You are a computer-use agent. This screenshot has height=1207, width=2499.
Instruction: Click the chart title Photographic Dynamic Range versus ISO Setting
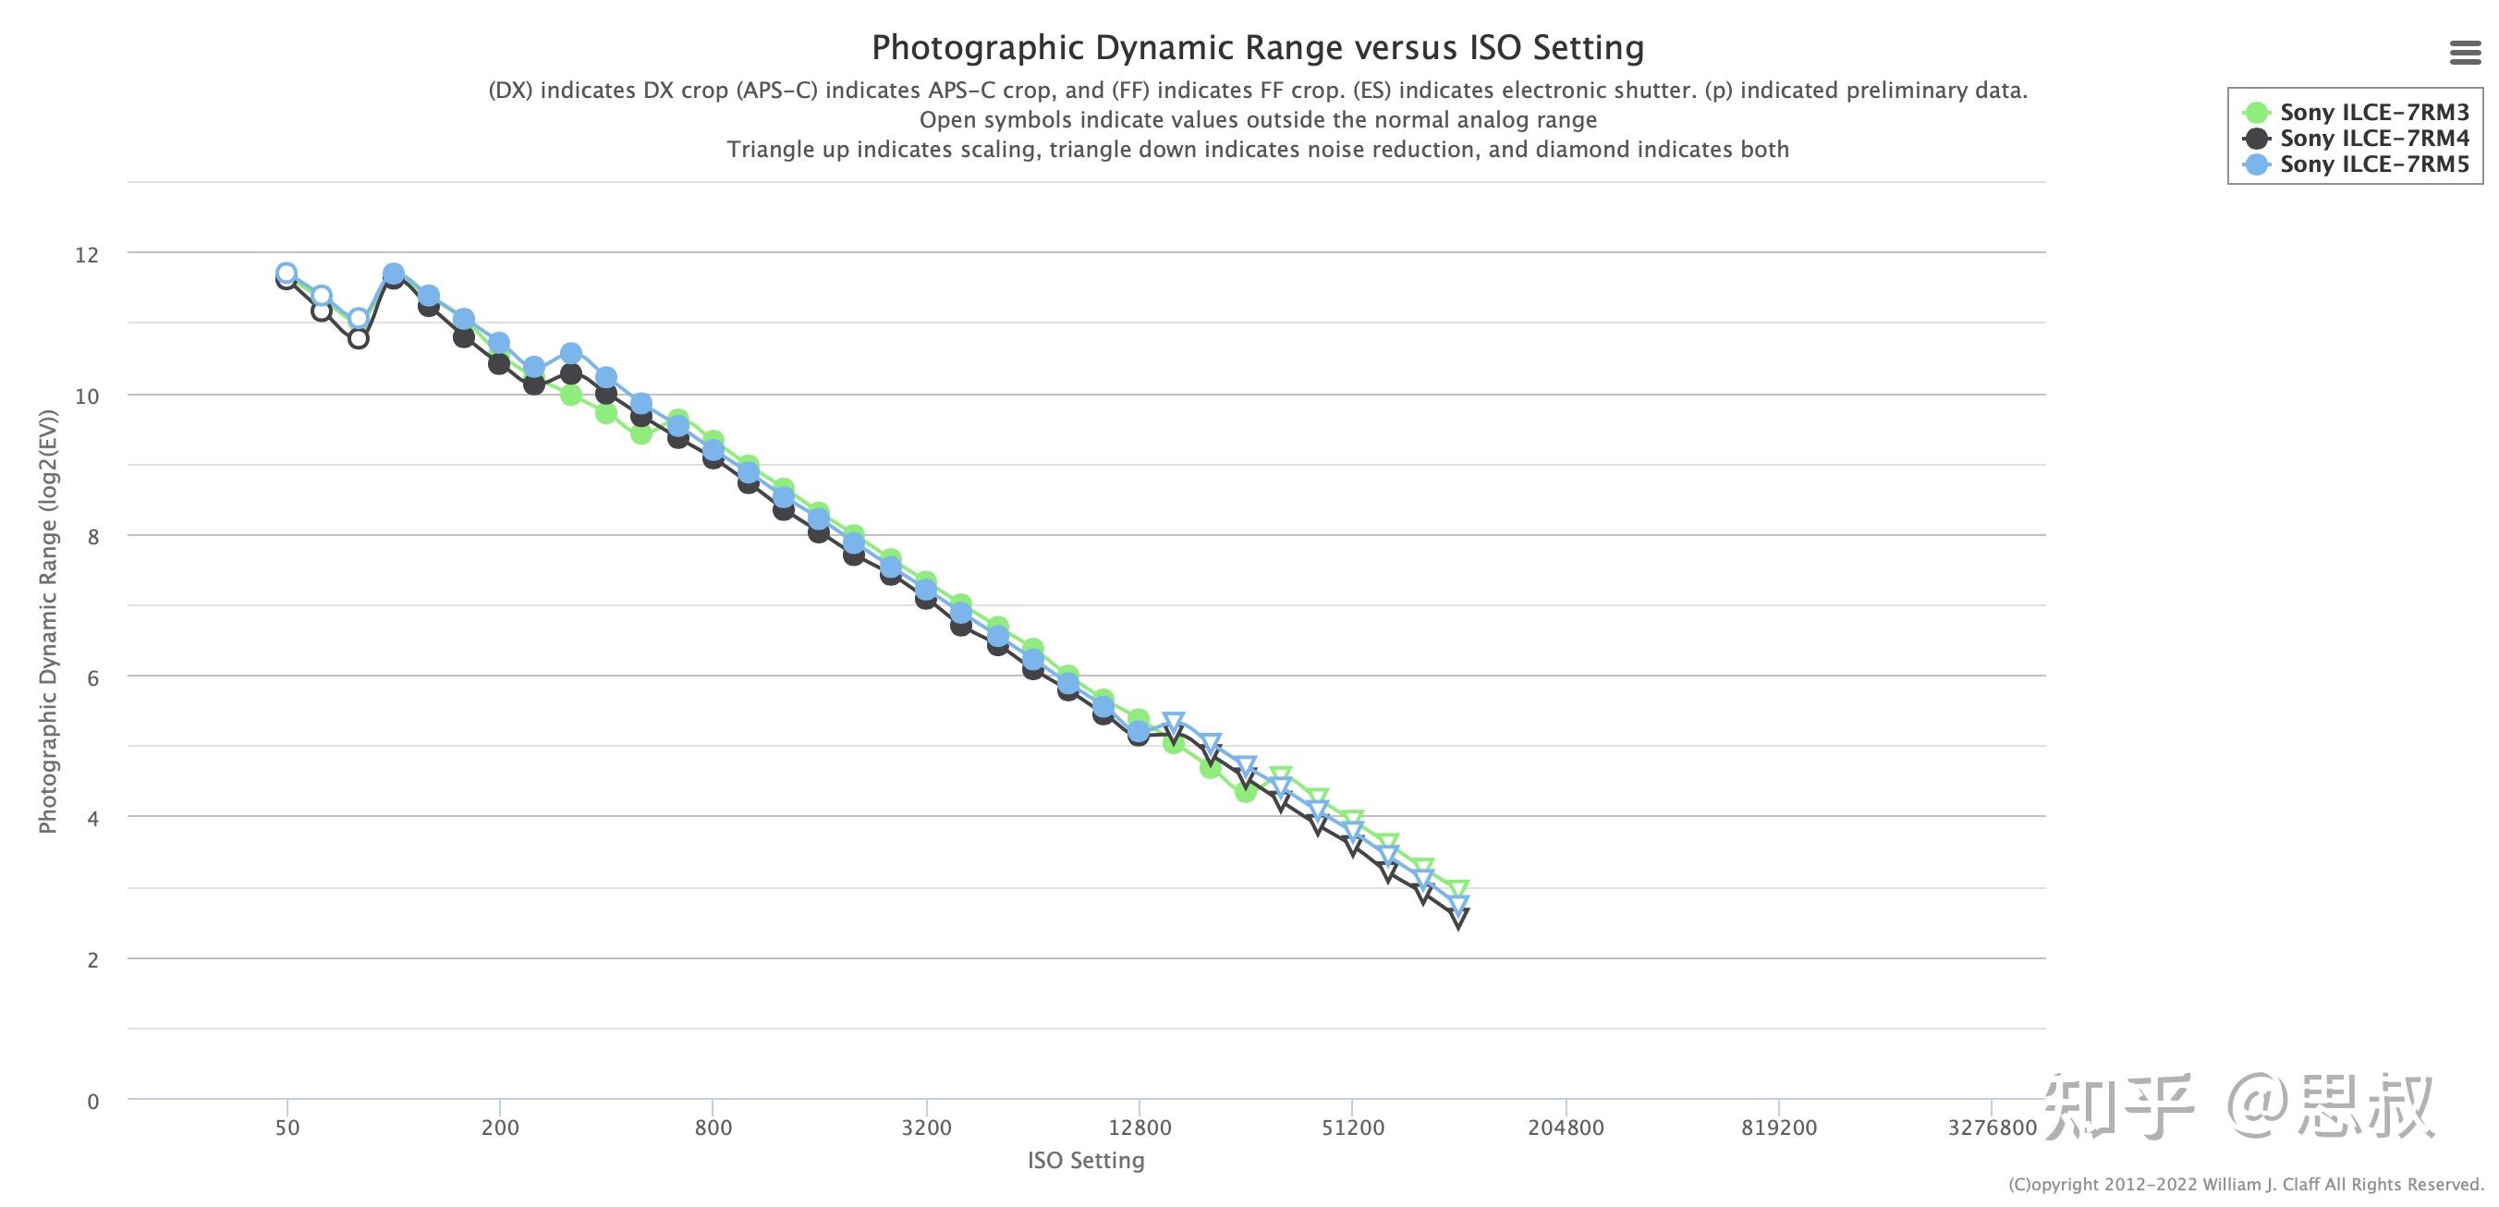click(x=1257, y=47)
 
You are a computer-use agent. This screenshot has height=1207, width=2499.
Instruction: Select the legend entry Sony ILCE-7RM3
click(x=2374, y=113)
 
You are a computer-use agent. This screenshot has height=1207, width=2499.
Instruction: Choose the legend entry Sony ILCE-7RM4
click(x=2374, y=139)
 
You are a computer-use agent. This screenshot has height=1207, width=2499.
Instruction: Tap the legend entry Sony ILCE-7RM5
click(x=2374, y=164)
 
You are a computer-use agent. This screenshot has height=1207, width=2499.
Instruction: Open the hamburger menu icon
click(x=2465, y=53)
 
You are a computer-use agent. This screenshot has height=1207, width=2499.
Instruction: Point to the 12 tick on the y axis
click(x=87, y=254)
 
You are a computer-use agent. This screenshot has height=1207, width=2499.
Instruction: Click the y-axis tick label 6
click(x=93, y=677)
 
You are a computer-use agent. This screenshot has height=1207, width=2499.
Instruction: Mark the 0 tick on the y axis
click(x=93, y=1102)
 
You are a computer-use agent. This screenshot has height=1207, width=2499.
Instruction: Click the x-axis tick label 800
click(x=713, y=1128)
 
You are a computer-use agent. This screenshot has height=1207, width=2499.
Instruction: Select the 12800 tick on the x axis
click(x=1139, y=1128)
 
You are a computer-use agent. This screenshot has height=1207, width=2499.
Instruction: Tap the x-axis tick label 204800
click(x=1566, y=1128)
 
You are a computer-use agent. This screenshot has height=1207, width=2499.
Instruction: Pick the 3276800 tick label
click(x=1993, y=1128)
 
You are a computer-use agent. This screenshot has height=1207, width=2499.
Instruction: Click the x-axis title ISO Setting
click(x=1086, y=1161)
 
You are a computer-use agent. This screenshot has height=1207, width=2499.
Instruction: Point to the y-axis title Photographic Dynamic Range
click(x=47, y=621)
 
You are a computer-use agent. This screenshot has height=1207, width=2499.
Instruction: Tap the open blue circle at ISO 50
click(x=286, y=274)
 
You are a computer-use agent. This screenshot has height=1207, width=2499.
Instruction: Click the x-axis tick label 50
click(x=287, y=1128)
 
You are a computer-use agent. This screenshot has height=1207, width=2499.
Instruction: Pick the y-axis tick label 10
click(x=87, y=396)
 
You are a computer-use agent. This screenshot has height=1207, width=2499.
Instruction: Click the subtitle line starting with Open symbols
click(x=1257, y=120)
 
